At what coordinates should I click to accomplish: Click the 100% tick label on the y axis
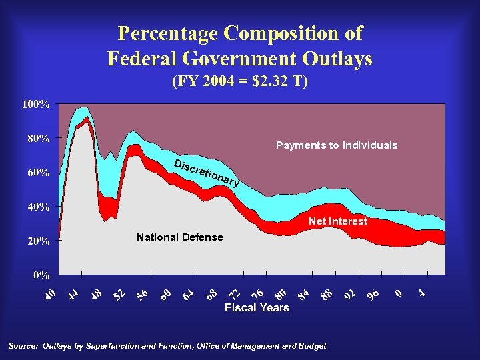(37, 105)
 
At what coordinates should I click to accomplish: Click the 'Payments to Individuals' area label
(336, 145)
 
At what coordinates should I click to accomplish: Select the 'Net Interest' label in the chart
(337, 221)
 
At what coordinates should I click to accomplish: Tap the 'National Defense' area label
(179, 237)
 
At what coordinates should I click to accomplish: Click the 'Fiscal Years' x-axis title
(257, 307)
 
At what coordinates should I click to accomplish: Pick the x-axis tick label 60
(167, 293)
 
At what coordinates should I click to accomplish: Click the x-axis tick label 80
(281, 293)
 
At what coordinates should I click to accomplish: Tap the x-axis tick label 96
(373, 293)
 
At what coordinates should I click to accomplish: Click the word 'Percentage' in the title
(167, 33)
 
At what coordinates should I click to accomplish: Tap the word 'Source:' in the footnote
(23, 346)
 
